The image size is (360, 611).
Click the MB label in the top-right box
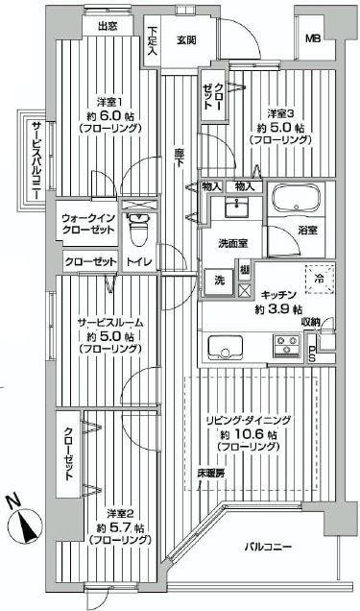(x=313, y=38)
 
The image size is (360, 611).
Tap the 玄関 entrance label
(x=187, y=39)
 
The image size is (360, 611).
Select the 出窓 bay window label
(x=108, y=27)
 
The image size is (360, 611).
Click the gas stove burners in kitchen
(x=286, y=342)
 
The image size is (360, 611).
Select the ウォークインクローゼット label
(x=89, y=225)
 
